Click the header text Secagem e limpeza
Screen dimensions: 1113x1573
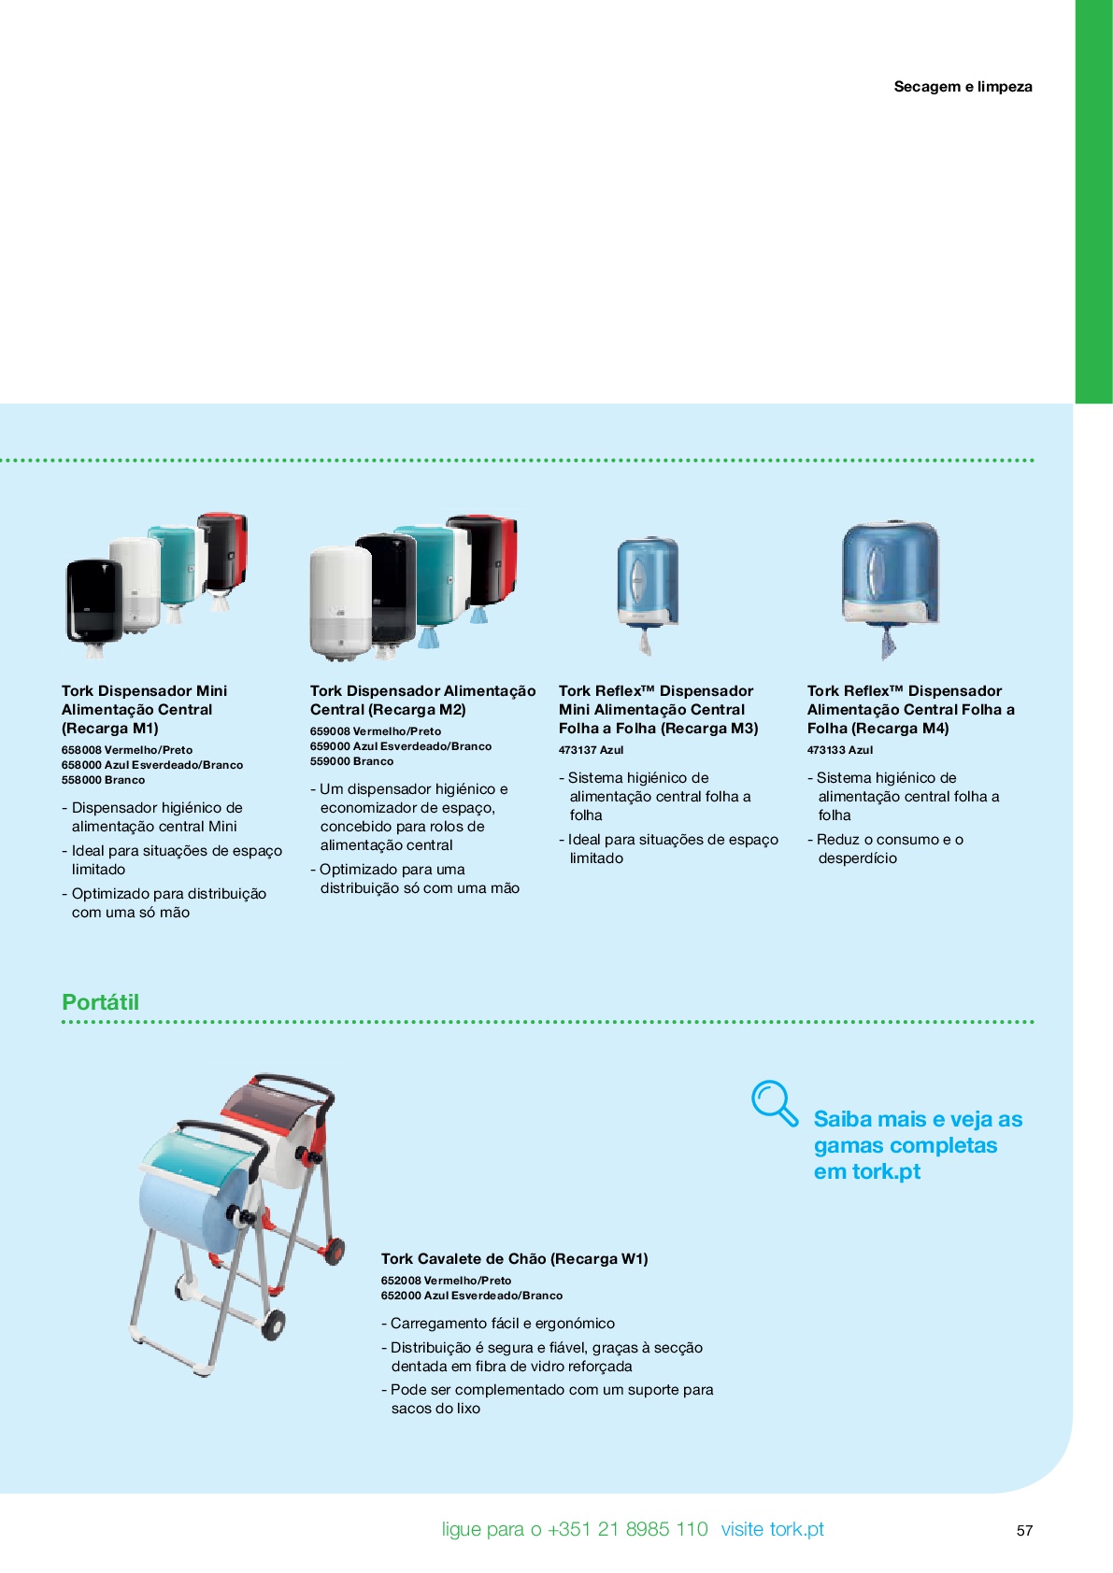[x=963, y=86]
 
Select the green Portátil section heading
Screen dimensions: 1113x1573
[x=101, y=1002]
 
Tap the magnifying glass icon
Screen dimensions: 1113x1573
[x=775, y=1103]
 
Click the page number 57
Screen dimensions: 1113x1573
[x=1024, y=1531]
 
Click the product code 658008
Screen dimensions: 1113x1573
[x=80, y=750]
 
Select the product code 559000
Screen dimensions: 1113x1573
[x=330, y=761]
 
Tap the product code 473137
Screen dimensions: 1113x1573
[x=578, y=750]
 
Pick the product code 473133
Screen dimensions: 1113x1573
[x=826, y=750]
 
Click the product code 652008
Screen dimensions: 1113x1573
[x=401, y=1281]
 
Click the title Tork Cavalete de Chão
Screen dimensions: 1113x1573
[x=464, y=1259]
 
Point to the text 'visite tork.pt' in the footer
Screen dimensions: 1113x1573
[x=772, y=1529]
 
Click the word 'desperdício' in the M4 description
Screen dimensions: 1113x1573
[x=857, y=858]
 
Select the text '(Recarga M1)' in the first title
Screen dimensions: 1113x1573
[x=109, y=729]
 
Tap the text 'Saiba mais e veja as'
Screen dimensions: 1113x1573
[x=918, y=1119]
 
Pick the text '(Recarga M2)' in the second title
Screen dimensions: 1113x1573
[x=418, y=710]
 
